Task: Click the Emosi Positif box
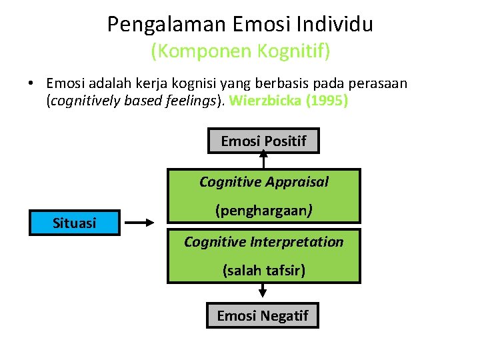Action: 263,141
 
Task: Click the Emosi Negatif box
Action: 263,315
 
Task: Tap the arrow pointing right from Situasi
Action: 140,224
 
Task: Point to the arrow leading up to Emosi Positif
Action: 263,161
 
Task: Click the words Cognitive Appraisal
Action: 264,181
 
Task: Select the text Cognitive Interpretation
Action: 264,241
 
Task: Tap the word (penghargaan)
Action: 264,211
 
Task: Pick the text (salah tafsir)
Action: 264,271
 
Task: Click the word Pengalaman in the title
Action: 167,25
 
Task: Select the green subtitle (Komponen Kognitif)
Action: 240,50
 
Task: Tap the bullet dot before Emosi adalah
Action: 31,84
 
